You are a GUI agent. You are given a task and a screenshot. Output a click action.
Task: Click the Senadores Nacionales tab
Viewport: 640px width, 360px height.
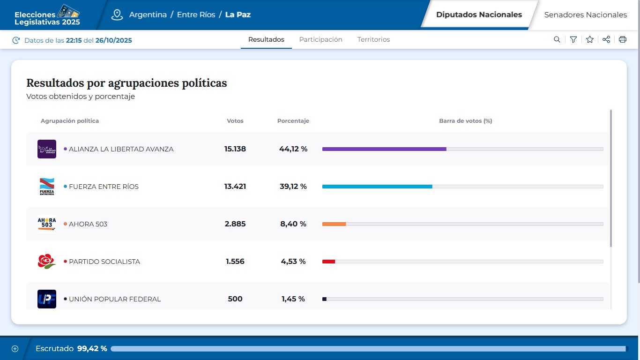tap(585, 15)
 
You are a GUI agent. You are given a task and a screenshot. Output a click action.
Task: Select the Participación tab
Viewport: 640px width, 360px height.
tap(320, 40)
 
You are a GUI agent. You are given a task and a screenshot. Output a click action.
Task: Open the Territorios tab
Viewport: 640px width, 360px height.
tap(373, 40)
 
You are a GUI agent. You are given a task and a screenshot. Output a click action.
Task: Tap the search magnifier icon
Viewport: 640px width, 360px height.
tap(557, 40)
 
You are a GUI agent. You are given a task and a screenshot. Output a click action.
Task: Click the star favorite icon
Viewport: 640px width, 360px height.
tap(590, 40)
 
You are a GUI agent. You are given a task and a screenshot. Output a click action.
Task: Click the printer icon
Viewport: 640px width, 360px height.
tap(623, 40)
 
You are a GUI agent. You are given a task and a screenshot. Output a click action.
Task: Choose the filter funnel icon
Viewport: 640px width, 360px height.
tap(573, 40)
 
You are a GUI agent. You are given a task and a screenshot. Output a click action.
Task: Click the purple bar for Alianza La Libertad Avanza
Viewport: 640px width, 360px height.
tap(384, 149)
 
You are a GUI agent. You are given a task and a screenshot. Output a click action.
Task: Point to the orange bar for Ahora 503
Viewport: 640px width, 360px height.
tap(334, 224)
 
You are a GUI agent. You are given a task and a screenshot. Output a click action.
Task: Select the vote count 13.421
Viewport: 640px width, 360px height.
tap(235, 187)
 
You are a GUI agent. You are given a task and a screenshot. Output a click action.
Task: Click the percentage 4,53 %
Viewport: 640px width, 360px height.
tap(293, 262)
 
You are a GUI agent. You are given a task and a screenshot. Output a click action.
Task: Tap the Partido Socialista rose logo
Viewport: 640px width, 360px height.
tap(46, 261)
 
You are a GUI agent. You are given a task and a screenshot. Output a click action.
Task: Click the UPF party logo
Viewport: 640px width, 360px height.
tap(47, 299)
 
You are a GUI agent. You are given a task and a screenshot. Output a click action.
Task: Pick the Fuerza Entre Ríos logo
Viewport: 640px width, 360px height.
tap(47, 187)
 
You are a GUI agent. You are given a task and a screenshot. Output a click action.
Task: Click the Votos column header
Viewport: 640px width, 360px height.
tap(235, 121)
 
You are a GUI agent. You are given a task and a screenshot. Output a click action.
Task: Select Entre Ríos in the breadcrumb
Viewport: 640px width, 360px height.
tap(196, 15)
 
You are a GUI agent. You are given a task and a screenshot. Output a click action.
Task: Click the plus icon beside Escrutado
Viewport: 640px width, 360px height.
tap(15, 349)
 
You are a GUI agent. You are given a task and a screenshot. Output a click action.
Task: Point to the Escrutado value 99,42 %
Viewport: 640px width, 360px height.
tap(92, 349)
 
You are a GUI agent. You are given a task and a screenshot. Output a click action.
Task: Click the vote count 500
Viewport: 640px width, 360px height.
tap(235, 299)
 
